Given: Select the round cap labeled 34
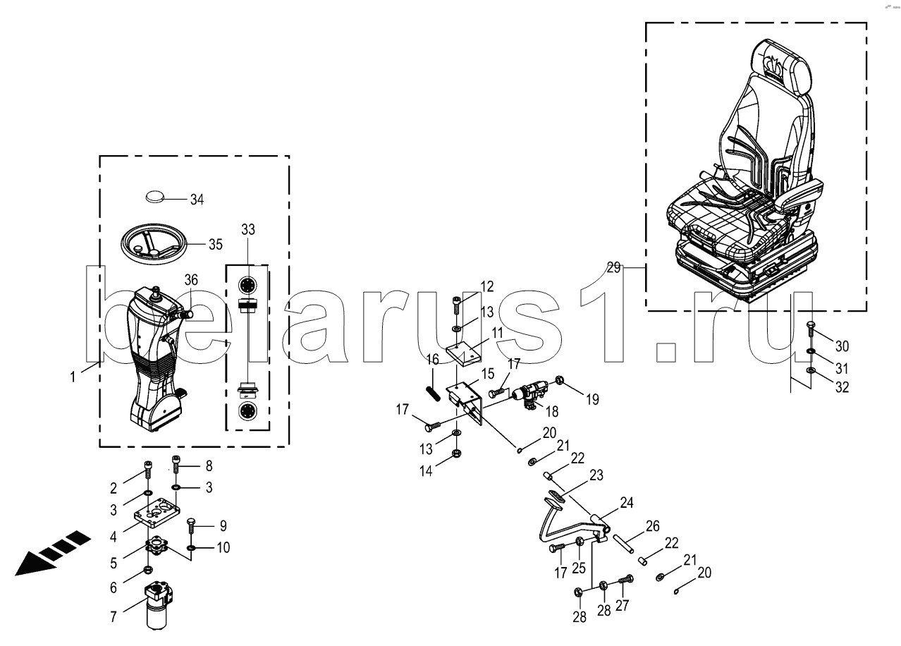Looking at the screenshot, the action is pos(155,197).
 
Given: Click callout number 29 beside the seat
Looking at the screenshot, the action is pos(614,267).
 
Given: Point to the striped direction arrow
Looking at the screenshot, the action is pos(52,554).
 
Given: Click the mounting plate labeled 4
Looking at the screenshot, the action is pos(157,513).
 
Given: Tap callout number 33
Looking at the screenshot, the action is pos(248,230).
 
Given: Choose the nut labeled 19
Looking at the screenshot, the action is pos(558,379).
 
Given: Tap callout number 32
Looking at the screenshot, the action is pos(842,387).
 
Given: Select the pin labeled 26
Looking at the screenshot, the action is pos(623,543).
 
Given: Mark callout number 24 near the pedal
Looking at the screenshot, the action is pos(627,503).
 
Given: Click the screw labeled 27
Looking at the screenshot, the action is pos(626,580).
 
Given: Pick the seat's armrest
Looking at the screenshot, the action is pos(799,195).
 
